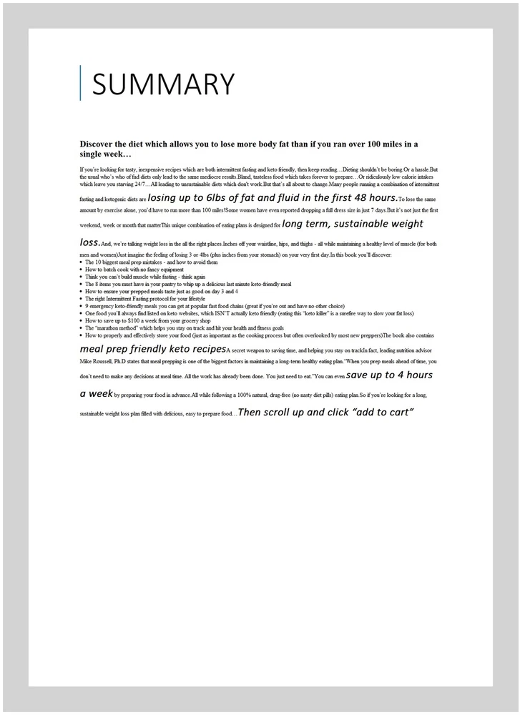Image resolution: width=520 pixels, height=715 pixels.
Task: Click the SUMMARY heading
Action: [163, 84]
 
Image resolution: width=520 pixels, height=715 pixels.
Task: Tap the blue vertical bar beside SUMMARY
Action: [80, 83]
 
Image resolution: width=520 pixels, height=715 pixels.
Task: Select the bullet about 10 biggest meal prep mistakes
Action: [146, 262]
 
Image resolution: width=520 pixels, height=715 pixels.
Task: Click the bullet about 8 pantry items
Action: [187, 284]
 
